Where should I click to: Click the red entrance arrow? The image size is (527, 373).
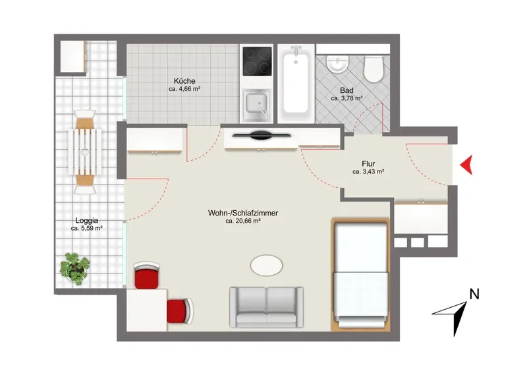point(467,165)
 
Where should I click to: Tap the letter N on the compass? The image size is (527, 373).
point(474,295)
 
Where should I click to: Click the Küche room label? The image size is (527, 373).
point(184,81)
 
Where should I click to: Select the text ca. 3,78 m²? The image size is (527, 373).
point(347,99)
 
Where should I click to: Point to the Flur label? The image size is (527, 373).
point(368,164)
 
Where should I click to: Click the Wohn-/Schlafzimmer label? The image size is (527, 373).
point(243,213)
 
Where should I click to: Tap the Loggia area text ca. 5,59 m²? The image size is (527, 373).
point(87,229)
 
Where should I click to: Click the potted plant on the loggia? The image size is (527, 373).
point(74,269)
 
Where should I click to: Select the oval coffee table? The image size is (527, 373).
point(267,265)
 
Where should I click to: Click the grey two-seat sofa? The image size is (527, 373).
point(267,307)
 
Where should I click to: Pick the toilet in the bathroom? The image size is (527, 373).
point(374,69)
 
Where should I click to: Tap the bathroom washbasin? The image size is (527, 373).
point(338,64)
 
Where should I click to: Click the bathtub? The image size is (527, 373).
point(295,83)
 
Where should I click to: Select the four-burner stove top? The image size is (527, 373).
point(257,61)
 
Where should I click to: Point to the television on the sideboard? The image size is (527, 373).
point(262,135)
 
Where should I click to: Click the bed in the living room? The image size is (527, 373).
point(360,274)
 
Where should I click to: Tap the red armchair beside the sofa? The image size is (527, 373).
point(180,311)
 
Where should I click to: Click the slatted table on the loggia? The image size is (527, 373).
point(86,152)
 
